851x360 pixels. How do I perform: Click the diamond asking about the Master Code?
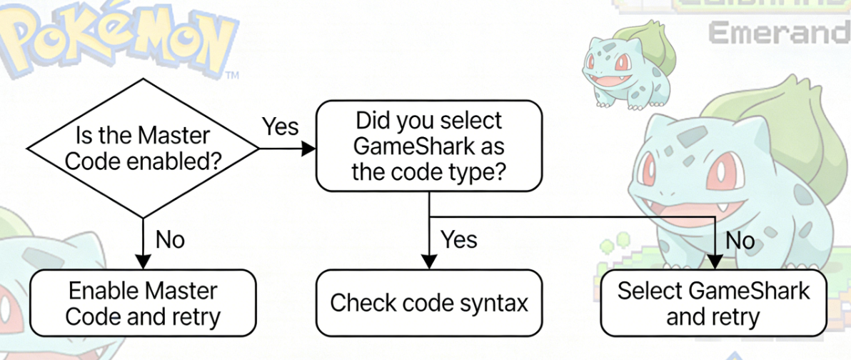[143, 149]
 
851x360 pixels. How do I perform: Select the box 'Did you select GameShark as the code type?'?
[428, 146]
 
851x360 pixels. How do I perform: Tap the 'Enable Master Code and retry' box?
[143, 302]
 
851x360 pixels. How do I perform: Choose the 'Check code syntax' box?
[428, 302]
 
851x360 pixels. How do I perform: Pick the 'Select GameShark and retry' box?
[713, 302]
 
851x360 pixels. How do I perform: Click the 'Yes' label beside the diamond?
[280, 126]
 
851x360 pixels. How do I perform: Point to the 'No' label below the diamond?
[170, 239]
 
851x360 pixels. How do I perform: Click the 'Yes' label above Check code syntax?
[459, 239]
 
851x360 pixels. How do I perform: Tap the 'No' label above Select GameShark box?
[740, 241]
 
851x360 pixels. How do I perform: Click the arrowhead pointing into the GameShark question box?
[309, 149]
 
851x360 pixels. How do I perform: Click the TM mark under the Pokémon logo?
[231, 74]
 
